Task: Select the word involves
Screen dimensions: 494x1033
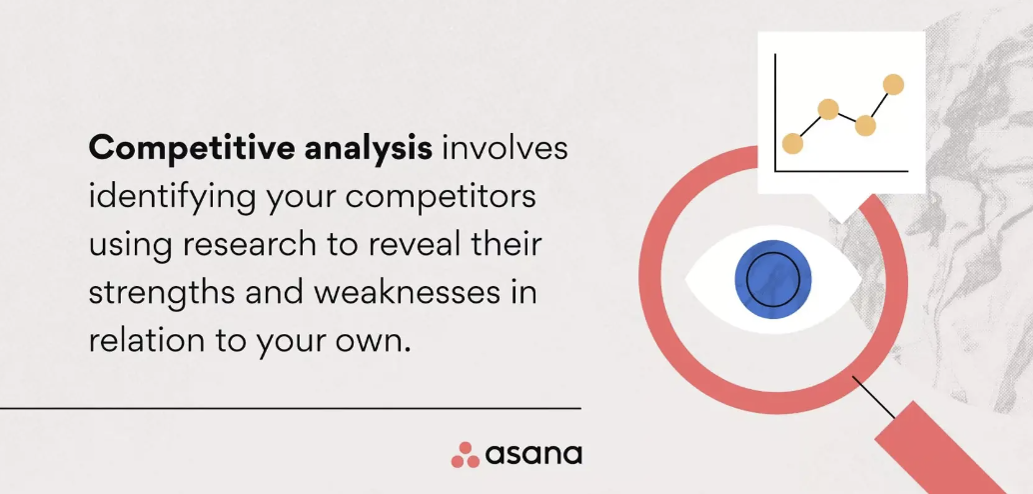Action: click(505, 149)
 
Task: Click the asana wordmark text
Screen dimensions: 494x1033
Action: click(533, 455)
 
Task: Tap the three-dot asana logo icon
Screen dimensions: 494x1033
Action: click(466, 455)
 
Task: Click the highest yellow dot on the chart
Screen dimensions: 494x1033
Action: click(893, 85)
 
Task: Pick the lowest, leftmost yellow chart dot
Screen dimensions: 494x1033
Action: click(792, 144)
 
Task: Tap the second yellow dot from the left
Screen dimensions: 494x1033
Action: click(828, 109)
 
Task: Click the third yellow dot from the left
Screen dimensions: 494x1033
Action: click(865, 126)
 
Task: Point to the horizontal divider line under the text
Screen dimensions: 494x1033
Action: click(290, 408)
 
